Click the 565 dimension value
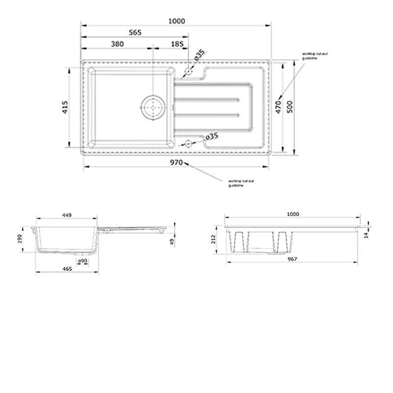coord(135,32)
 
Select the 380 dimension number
coord(117,44)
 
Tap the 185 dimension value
coord(178,44)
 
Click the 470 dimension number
coord(279,108)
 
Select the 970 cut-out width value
coord(177,162)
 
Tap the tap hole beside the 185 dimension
coord(188,72)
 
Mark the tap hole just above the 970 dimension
coord(187,144)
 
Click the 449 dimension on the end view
coord(67,214)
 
